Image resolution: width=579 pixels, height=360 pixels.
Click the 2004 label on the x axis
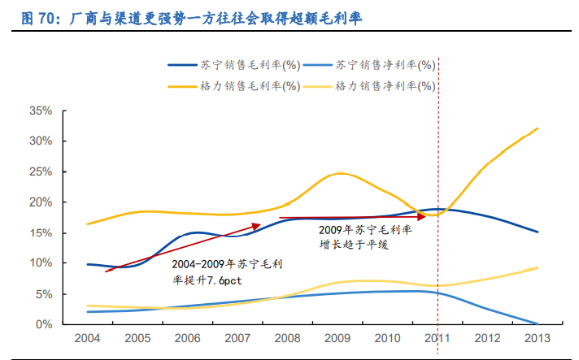pyautogui.click(x=88, y=338)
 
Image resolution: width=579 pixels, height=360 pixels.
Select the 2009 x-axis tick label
pyautogui.click(x=338, y=338)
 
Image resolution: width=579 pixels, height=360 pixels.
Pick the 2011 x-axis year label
pyautogui.click(x=438, y=338)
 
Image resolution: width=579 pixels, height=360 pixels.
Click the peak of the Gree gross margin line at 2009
pyautogui.click(x=339, y=173)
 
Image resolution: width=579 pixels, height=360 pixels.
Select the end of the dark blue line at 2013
pyautogui.click(x=538, y=232)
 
